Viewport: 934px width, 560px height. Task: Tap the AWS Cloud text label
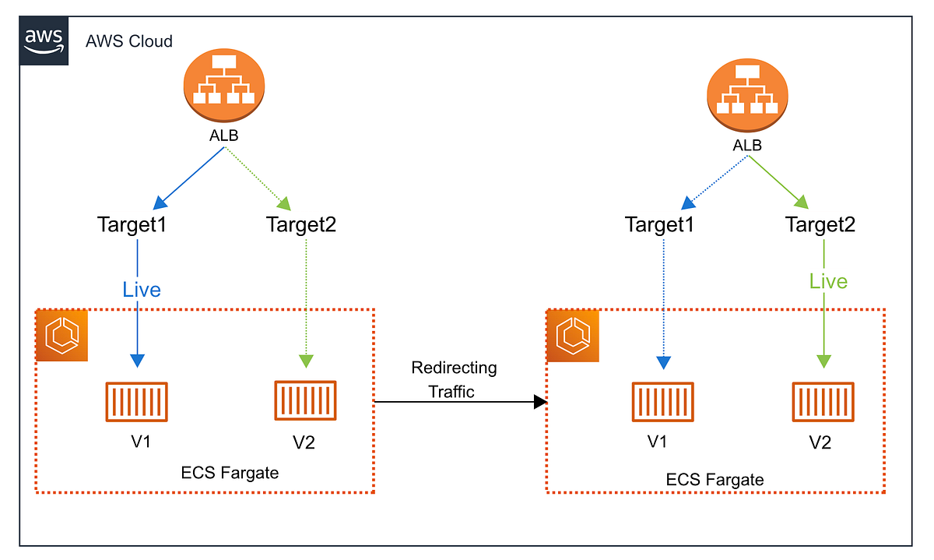129,41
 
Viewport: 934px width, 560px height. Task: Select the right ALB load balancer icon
746,98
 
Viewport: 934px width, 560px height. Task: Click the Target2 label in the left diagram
302,225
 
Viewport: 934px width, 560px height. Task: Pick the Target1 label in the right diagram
660,225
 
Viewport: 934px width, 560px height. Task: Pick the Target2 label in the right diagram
820,225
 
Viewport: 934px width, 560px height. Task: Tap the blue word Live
142,290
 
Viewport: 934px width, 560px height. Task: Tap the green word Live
827,281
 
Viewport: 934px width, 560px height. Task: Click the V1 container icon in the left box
138,403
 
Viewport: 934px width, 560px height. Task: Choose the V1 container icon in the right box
662,403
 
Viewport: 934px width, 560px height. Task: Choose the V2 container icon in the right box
823,403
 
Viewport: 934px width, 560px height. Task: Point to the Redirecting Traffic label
454,379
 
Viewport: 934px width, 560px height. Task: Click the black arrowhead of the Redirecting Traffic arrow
539,402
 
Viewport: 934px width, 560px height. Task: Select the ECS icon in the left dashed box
62,336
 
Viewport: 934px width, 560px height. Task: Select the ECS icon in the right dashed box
572,336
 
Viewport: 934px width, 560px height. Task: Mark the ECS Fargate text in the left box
230,473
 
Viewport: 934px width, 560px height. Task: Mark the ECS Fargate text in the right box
715,479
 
